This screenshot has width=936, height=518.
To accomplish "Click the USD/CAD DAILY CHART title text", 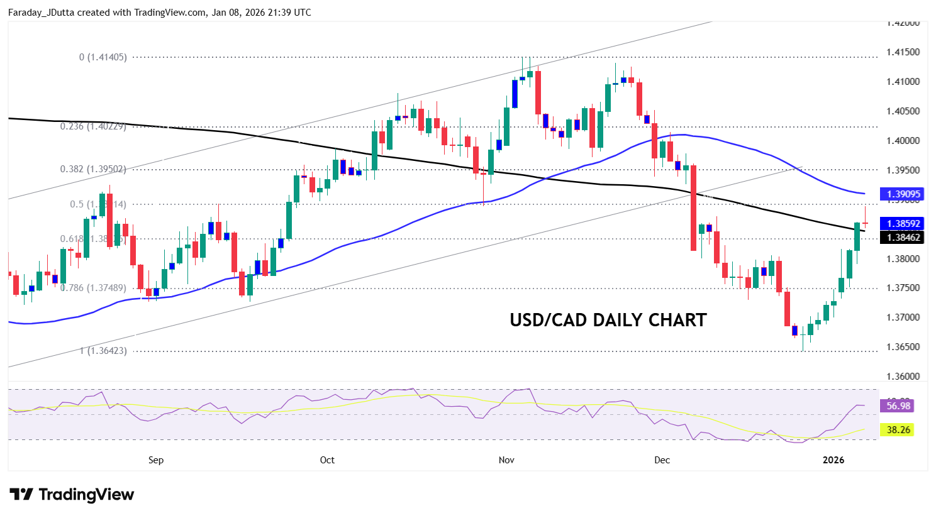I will click(x=608, y=320).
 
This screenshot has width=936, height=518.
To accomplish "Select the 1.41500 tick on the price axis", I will click(x=903, y=52).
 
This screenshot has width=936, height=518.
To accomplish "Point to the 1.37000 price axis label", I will click(x=903, y=317).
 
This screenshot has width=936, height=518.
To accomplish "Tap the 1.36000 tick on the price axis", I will click(x=903, y=377).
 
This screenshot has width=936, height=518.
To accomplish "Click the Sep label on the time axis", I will click(x=156, y=460).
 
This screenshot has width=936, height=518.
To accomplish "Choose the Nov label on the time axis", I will click(x=506, y=460).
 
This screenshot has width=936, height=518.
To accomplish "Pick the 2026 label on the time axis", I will click(x=833, y=460).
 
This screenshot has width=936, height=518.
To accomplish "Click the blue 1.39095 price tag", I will click(x=903, y=194).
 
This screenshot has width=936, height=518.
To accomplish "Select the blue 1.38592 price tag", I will click(x=903, y=224).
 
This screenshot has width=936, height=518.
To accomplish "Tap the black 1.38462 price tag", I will click(x=903, y=238).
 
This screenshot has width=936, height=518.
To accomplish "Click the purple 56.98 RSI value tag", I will click(x=898, y=406).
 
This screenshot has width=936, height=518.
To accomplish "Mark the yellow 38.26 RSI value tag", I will click(x=898, y=430).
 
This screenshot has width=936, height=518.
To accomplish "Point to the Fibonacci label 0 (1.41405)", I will click(x=103, y=57).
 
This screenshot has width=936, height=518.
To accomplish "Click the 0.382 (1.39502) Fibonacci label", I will click(x=93, y=169).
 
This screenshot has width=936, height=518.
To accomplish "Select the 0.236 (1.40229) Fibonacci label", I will click(x=93, y=126).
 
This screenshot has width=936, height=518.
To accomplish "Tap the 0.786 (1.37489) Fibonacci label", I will click(x=93, y=288).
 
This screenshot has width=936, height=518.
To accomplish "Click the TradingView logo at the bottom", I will click(x=72, y=495).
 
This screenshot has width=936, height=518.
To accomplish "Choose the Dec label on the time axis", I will click(x=662, y=460).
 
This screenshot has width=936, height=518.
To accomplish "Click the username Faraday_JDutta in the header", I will click(x=42, y=13).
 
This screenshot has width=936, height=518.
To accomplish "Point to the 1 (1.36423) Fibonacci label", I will click(x=103, y=351).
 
